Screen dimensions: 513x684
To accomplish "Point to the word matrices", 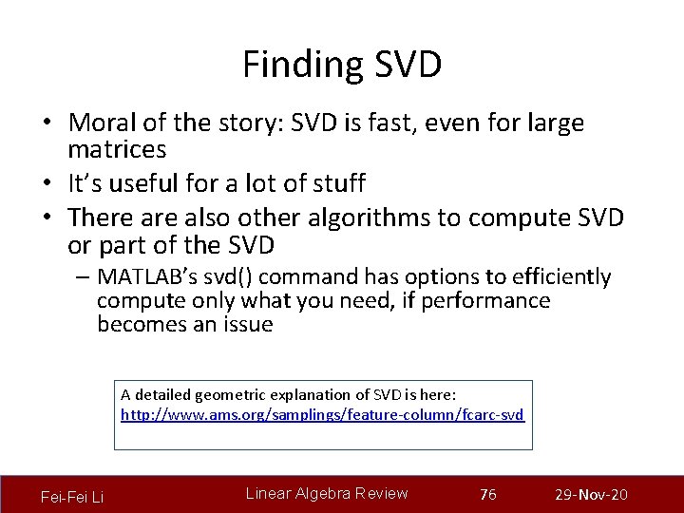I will point(117,149).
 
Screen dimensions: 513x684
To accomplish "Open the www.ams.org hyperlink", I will point(322,415).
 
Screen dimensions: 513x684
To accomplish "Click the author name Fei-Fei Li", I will point(72,497).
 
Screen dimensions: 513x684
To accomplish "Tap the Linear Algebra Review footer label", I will point(327,493).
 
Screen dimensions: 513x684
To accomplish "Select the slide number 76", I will point(488,495).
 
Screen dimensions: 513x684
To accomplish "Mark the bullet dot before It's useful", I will point(46,182).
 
